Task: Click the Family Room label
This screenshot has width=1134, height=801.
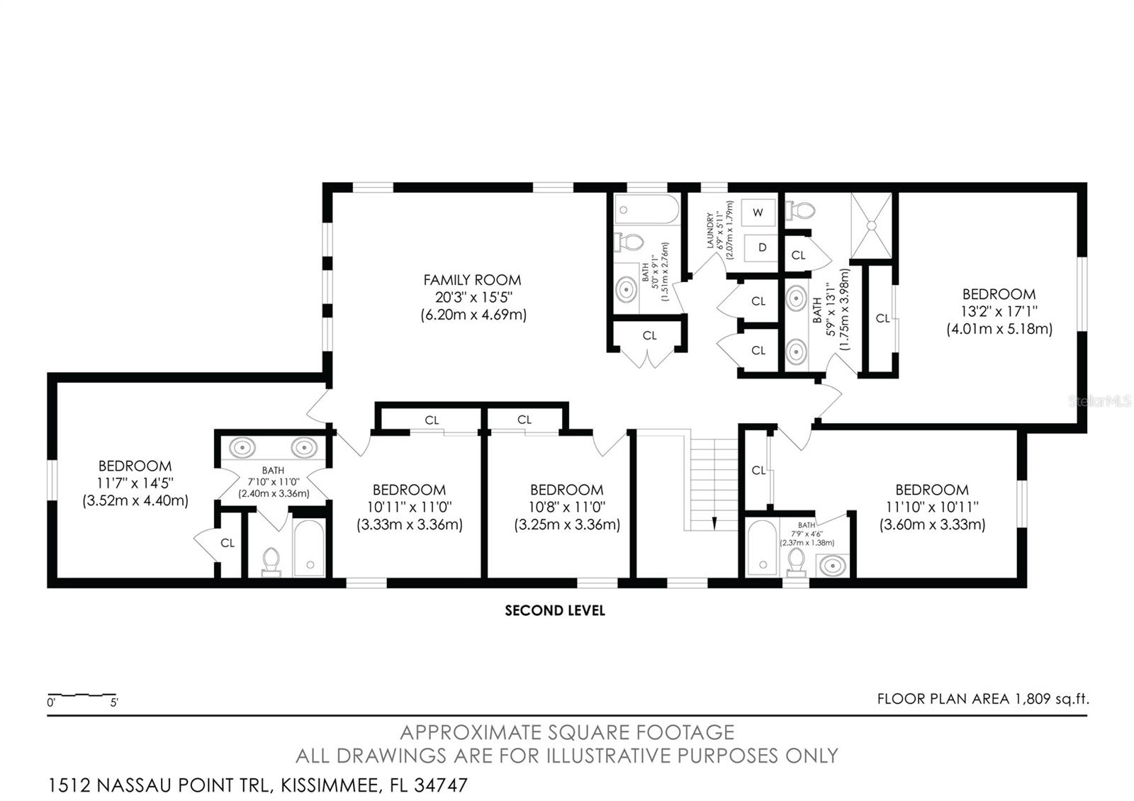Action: [x=473, y=280]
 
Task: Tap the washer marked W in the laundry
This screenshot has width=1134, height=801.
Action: [x=758, y=212]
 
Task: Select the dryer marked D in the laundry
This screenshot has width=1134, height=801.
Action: [x=762, y=247]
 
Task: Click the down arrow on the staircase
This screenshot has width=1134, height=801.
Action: [x=714, y=523]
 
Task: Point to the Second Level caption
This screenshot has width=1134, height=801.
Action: [x=555, y=610]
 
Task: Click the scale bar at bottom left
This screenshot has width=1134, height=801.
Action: [x=82, y=695]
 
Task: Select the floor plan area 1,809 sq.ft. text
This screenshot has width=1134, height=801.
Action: [x=982, y=699]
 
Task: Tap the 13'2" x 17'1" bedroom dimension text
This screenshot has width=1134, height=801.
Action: [x=999, y=311]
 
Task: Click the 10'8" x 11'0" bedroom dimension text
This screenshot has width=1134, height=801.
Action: [x=566, y=507]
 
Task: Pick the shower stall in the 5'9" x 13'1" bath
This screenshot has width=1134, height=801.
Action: [x=872, y=225]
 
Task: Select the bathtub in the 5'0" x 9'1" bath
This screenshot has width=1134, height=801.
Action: [x=646, y=210]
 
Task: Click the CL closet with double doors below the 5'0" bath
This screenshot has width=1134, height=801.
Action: [x=649, y=336]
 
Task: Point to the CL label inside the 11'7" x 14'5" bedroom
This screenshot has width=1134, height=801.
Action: [x=227, y=543]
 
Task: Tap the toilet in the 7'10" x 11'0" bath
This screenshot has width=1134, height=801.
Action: [x=271, y=560]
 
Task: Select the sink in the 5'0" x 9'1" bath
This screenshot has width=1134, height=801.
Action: [x=626, y=289]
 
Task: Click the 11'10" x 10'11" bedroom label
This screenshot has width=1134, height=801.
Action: [x=932, y=490]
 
